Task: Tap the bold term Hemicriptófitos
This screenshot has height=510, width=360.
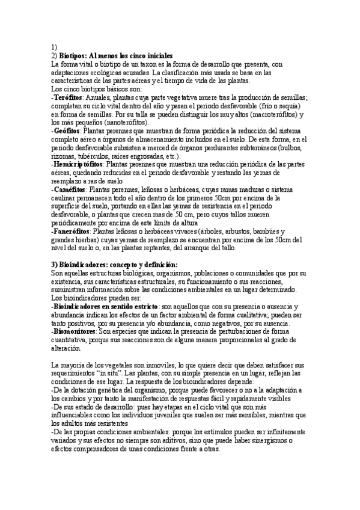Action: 78,164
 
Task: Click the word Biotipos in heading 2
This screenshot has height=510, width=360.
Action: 74,55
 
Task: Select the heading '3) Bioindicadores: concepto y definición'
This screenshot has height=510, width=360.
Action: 114,264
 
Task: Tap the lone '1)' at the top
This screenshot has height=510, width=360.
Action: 54,46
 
